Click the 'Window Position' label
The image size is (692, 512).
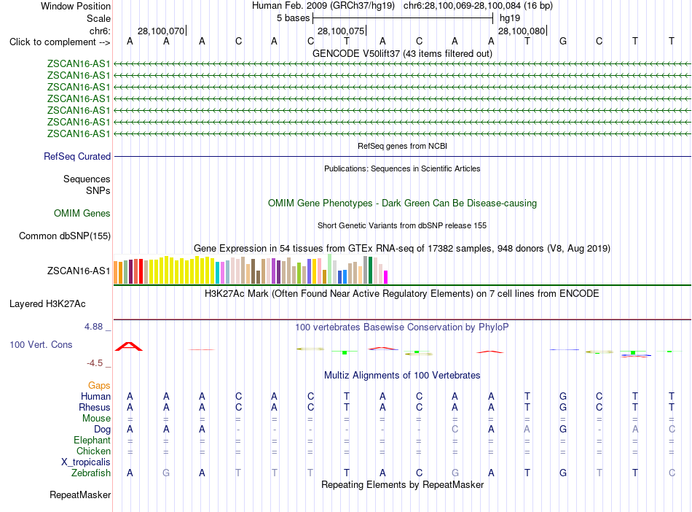[76, 6]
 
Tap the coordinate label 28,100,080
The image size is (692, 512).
[522, 31]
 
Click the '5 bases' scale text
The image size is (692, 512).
[293, 18]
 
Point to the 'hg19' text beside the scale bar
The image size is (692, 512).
[510, 18]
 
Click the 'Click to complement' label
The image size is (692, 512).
[52, 42]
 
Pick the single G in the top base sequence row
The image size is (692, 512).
[562, 41]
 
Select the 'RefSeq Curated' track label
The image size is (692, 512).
[77, 156]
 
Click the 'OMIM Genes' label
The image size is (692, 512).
[82, 214]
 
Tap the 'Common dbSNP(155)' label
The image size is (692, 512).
[65, 236]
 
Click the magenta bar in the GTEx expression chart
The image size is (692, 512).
[386, 277]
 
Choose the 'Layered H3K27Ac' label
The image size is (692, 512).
[47, 304]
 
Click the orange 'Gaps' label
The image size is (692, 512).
[99, 386]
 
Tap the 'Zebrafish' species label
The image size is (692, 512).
[91, 473]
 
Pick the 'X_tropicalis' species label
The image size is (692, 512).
[86, 462]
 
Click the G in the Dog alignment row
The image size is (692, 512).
[562, 429]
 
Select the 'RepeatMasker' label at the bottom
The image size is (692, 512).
[80, 494]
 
